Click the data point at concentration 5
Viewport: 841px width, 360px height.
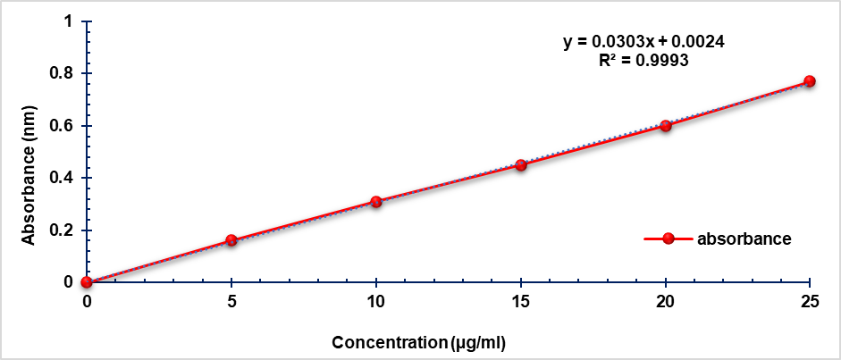[231, 240]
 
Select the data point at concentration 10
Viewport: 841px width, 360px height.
[376, 202]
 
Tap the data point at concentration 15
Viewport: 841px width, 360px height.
[521, 165]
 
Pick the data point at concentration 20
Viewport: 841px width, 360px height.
[666, 126]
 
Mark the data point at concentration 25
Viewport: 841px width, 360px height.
[810, 81]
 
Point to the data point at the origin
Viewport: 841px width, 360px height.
[87, 282]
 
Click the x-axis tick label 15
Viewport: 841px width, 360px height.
[521, 301]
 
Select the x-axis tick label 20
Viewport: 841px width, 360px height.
[666, 301]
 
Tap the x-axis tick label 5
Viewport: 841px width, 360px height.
[231, 301]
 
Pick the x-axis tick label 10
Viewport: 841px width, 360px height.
[376, 301]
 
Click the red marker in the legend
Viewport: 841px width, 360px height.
[667, 239]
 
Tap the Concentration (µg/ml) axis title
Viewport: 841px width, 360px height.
[425, 342]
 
